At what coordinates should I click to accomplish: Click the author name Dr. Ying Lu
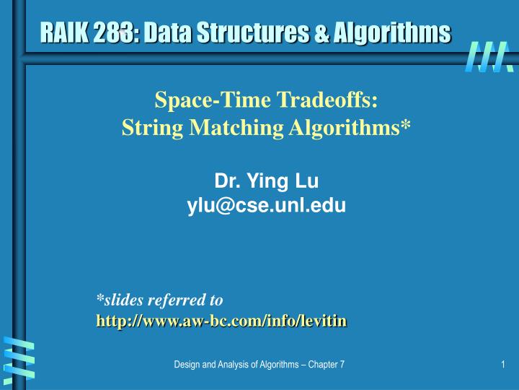pyautogui.click(x=267, y=181)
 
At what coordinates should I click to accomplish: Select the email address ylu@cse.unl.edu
pyautogui.click(x=267, y=207)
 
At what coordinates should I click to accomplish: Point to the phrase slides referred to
pyautogui.click(x=160, y=299)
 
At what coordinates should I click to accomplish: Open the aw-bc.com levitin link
pyautogui.click(x=222, y=320)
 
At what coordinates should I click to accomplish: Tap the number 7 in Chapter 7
pyautogui.click(x=341, y=365)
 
